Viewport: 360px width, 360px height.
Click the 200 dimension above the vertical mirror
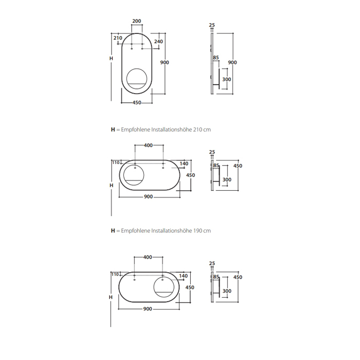137,21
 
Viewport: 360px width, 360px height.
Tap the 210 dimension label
118,38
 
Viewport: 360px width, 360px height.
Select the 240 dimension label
158,42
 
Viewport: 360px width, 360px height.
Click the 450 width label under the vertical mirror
137,103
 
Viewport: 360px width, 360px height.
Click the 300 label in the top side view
227,79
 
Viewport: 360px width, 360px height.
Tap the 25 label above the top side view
212,25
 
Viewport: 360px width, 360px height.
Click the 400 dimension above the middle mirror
148,146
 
